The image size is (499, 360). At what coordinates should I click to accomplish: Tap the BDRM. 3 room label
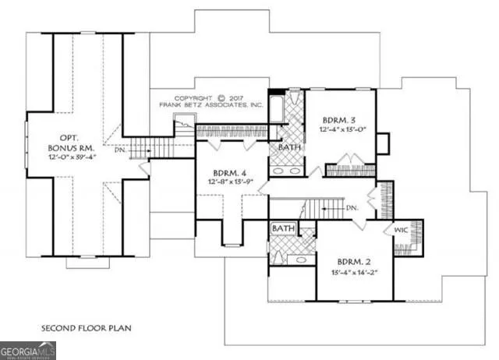(x=339, y=121)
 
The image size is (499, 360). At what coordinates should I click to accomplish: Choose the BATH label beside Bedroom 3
(x=290, y=146)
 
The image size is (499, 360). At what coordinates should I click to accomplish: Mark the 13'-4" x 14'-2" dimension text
(x=355, y=272)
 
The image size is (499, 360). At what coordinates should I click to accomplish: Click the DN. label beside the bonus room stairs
(x=119, y=150)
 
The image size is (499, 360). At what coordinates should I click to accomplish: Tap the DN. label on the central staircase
(x=351, y=208)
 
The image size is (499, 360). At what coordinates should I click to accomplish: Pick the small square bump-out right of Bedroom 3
(x=383, y=144)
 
